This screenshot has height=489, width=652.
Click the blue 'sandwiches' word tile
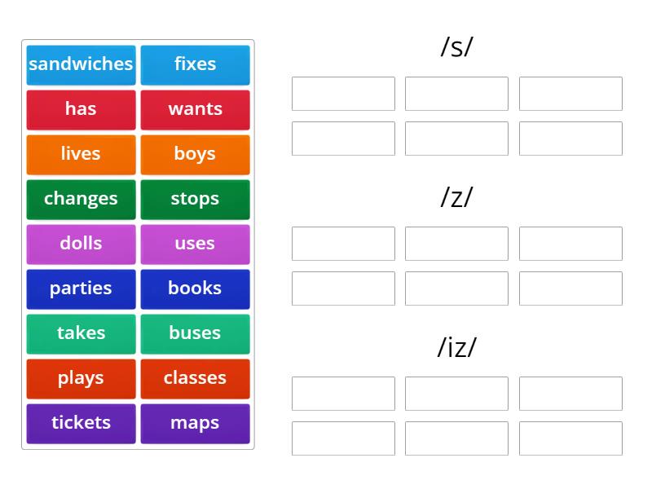pos(81,65)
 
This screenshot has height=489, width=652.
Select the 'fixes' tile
pos(195,65)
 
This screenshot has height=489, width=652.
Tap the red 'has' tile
pos(81,110)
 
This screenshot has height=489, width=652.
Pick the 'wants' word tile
pos(195,110)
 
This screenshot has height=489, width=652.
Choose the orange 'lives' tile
pos(81,155)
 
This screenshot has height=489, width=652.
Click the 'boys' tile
pos(195,155)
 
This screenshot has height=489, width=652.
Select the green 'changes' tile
pos(81,200)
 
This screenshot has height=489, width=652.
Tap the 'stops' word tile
pos(195,200)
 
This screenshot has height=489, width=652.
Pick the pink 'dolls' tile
pos(81,244)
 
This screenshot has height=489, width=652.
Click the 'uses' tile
pos(195,244)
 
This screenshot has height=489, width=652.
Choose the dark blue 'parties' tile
pos(81,289)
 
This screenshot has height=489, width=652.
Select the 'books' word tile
pos(195,289)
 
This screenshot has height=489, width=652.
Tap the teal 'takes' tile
pos(81,334)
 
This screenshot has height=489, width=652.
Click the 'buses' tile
pos(195,334)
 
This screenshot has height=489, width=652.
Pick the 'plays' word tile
pos(81,379)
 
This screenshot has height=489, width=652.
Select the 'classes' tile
pos(195,379)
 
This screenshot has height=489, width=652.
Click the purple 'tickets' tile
pos(81,424)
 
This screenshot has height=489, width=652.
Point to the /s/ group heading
pos(456,47)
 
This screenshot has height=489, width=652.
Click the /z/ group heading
pos(456,197)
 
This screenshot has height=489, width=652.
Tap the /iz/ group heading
pos(456,347)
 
